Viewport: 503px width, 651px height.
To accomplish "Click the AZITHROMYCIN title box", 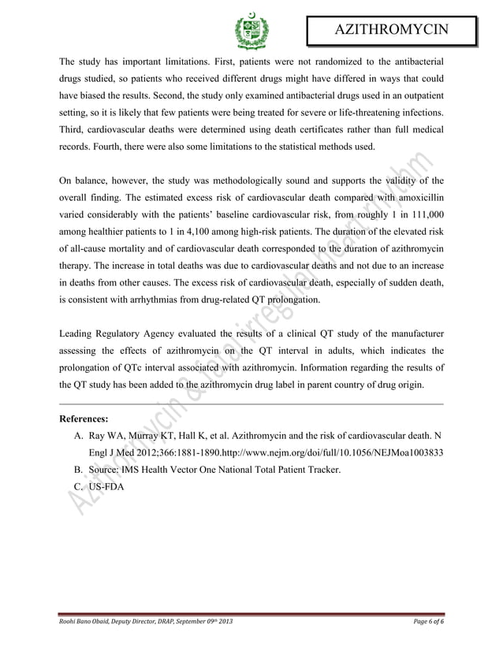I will (x=391, y=32).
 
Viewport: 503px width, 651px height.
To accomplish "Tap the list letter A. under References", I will (x=79, y=436).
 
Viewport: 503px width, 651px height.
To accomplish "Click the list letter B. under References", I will (x=79, y=471).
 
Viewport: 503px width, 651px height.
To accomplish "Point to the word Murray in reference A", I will (x=143, y=436).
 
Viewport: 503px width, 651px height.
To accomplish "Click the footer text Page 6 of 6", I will (x=423, y=623).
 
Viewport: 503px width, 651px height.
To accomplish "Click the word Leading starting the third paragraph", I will (x=80, y=334).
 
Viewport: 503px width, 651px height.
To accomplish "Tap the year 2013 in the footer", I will (x=223, y=623).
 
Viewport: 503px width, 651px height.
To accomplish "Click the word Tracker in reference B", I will (x=321, y=471).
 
